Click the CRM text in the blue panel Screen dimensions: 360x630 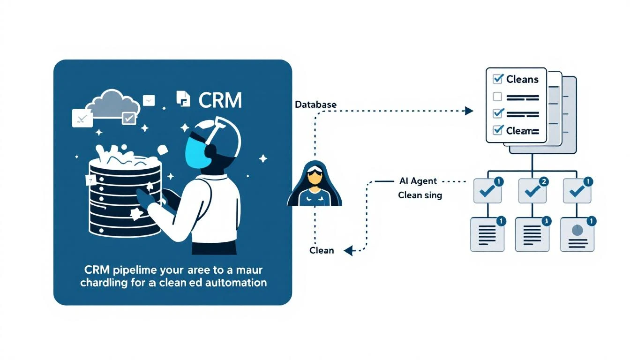220,100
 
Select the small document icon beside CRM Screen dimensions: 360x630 183,98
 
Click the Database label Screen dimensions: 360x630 315,105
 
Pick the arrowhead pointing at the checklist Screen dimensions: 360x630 467,111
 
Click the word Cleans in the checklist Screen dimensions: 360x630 522,79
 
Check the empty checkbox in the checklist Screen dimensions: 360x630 497,97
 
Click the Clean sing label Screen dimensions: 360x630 420,195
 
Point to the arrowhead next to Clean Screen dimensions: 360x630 348,251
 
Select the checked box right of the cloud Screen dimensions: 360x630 128,119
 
